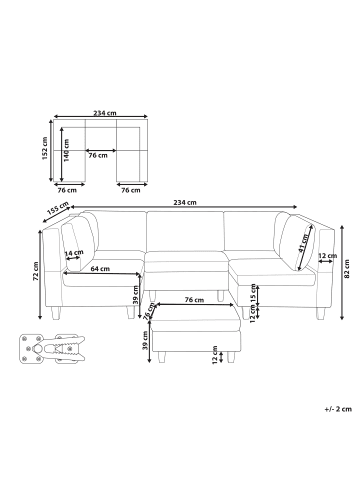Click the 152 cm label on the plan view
[x=45, y=148]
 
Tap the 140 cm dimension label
[x=67, y=150]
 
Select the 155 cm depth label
[x=58, y=208]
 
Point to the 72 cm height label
[x=36, y=271]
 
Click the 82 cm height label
[x=347, y=269]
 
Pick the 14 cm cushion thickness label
[x=74, y=253]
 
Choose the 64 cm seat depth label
[x=100, y=269]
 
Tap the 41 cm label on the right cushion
[x=303, y=244]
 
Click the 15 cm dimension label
[x=253, y=292]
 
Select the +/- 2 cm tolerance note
[x=338, y=409]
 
